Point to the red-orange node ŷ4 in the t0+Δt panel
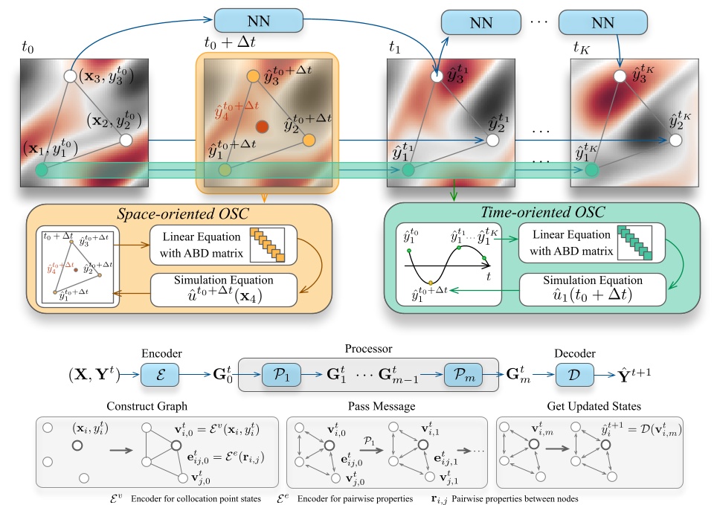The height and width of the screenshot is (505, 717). pos(262,124)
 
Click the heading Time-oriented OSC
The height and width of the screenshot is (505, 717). pos(543,214)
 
